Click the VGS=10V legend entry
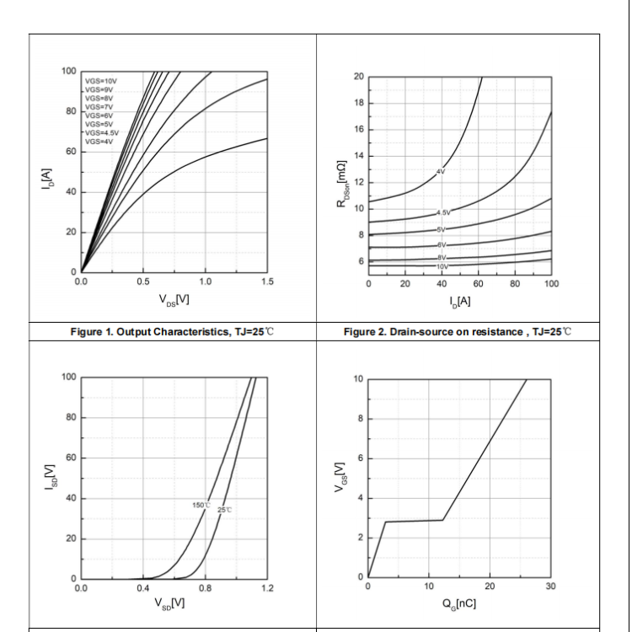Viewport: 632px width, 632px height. pos(100,80)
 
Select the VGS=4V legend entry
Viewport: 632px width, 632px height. pos(99,142)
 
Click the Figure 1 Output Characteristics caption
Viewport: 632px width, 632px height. pos(172,329)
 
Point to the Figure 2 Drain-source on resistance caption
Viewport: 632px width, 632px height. pos(458,329)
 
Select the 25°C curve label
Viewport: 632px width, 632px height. pos(225,510)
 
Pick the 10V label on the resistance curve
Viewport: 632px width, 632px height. pos(442,266)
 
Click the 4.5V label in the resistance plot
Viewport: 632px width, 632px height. pos(443,212)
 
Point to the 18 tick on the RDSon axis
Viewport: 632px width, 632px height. pos(358,103)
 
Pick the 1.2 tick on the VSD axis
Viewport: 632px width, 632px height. pos(267,587)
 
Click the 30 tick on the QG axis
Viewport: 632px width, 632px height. pos(551,587)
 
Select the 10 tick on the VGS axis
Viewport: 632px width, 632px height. pos(358,378)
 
